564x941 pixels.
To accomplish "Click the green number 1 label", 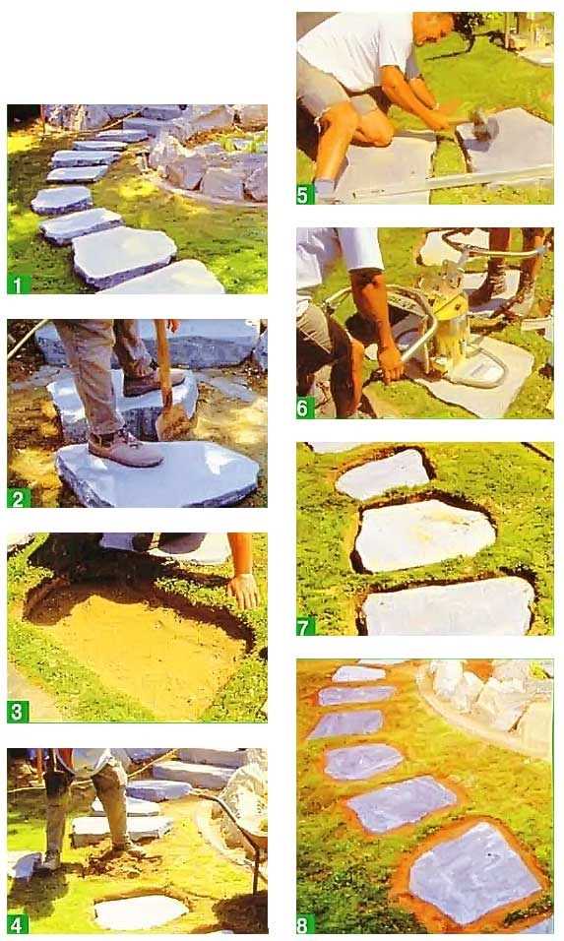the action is click(x=18, y=283).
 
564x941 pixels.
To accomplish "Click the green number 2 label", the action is click(x=18, y=497).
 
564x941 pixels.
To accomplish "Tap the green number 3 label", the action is click(x=18, y=712).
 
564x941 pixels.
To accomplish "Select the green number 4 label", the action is click(x=18, y=923).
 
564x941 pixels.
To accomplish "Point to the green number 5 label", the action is click(x=305, y=195).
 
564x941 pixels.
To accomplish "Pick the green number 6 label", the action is click(x=305, y=408).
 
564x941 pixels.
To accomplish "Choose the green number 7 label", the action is click(x=305, y=627).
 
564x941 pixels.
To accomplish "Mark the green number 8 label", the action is click(x=305, y=924).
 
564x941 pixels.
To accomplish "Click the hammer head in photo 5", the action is click(x=481, y=125).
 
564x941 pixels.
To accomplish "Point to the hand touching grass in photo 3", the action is click(x=243, y=591).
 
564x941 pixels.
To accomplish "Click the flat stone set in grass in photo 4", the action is click(x=141, y=911).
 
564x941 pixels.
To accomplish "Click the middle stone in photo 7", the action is click(x=424, y=534).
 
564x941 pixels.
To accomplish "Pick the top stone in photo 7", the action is click(x=383, y=474).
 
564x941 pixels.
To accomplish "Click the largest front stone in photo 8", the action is click(x=475, y=873).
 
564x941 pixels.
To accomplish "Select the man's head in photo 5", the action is click(x=433, y=27).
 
